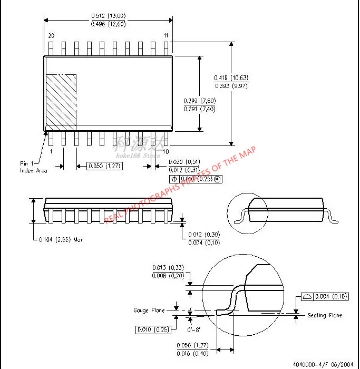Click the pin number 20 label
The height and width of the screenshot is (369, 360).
pyautogui.click(x=51, y=35)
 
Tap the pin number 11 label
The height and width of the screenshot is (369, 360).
pyautogui.click(x=166, y=35)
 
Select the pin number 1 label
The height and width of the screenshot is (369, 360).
pyautogui.click(x=51, y=151)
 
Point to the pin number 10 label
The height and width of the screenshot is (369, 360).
pyautogui.click(x=166, y=152)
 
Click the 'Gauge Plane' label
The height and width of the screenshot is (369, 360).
pyautogui.click(x=149, y=310)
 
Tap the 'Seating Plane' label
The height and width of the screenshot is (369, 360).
pyautogui.click(x=325, y=315)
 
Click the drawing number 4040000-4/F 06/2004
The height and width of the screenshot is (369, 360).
pyautogui.click(x=323, y=363)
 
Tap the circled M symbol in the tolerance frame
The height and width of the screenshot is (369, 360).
pyautogui.click(x=216, y=179)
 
